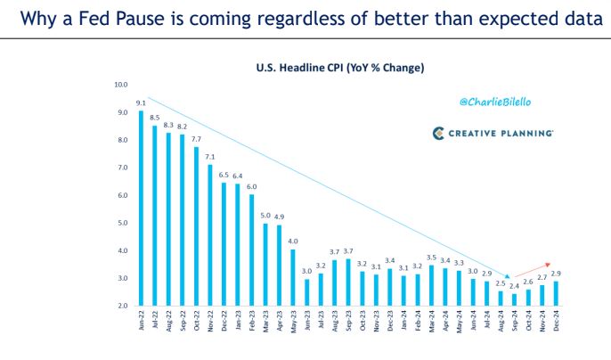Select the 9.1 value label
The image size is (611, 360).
coord(141,103)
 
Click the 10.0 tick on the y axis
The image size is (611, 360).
coord(121,85)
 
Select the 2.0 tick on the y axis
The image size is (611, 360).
coord(121,306)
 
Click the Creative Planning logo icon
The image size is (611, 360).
coord(439,133)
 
